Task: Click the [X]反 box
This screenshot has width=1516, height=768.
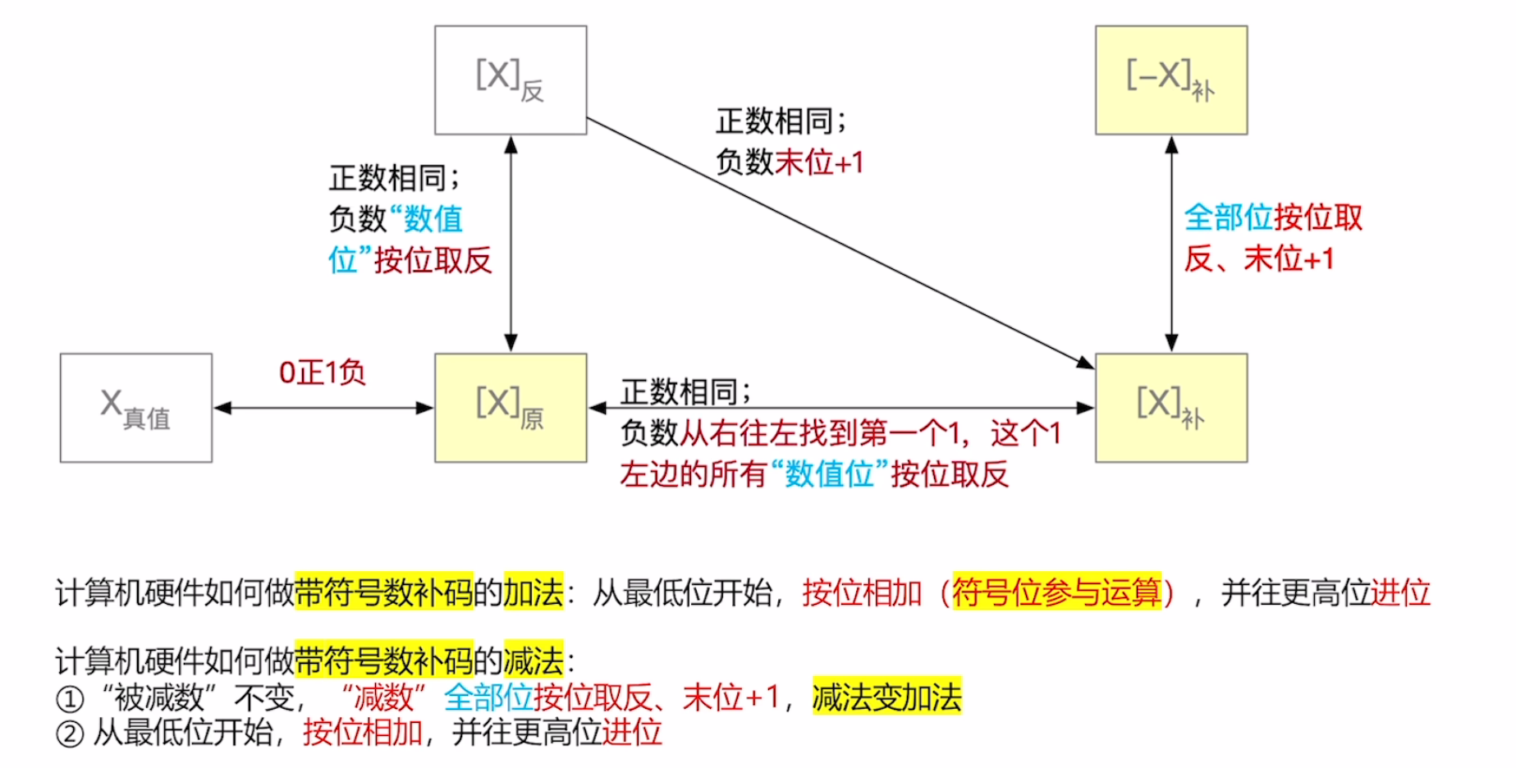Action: point(510,80)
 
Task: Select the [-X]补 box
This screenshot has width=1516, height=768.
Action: point(1170,80)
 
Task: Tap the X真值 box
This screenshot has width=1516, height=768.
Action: point(135,408)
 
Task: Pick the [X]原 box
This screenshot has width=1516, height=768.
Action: point(510,408)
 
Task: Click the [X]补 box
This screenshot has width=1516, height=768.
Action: point(1170,408)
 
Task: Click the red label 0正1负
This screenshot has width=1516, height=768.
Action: point(322,373)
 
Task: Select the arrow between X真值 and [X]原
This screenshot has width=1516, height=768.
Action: point(323,408)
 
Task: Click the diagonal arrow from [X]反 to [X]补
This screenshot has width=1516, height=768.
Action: point(837,243)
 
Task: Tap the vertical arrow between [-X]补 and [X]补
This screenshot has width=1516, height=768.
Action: point(1171,244)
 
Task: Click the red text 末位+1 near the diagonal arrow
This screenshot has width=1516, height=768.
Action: point(819,162)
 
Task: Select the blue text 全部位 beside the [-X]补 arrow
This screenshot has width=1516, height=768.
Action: point(1228,217)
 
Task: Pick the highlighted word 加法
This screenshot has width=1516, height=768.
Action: point(534,592)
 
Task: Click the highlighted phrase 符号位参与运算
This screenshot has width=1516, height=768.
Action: point(1056,592)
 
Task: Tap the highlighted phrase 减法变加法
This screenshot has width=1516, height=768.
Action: point(886,697)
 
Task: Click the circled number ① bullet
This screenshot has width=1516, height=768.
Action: point(70,699)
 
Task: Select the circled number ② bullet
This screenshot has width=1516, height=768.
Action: point(70,734)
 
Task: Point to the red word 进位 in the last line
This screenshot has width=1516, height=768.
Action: point(631,732)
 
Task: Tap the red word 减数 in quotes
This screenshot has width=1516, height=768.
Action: point(383,697)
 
